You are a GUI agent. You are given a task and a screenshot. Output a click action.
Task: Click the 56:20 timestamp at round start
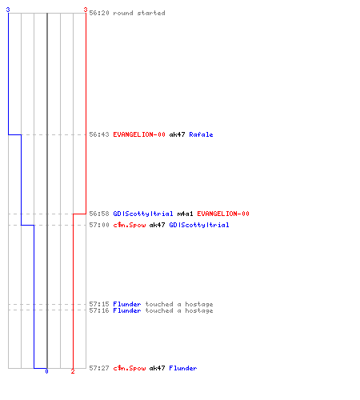pyautogui.click(x=99, y=13)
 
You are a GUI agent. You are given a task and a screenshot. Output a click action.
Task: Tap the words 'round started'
pyautogui.click(x=139, y=13)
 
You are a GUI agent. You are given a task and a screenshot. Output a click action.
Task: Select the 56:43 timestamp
pyautogui.click(x=99, y=134)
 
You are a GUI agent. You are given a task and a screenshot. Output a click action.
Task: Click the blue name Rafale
pyautogui.click(x=201, y=134)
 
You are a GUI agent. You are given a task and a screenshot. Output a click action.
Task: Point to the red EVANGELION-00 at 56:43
pyautogui.click(x=139, y=134)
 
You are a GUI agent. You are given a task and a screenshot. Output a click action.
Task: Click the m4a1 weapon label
pyautogui.click(x=185, y=214)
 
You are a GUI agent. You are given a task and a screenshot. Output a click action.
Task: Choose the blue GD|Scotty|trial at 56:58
pyautogui.click(x=143, y=214)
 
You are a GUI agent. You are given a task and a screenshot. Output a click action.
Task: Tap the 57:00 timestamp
pyautogui.click(x=99, y=225)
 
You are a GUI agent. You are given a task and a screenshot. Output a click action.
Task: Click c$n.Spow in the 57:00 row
pyautogui.click(x=129, y=225)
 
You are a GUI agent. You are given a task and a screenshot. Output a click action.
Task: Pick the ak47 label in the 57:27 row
pyautogui.click(x=157, y=368)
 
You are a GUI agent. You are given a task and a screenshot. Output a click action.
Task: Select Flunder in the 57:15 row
pyautogui.click(x=127, y=304)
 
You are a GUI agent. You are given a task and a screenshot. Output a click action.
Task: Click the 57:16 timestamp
pyautogui.click(x=99, y=310)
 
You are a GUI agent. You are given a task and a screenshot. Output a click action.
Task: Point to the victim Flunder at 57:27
pyautogui.click(x=183, y=368)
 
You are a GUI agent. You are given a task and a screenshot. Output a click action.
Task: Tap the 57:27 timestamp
pyautogui.click(x=99, y=368)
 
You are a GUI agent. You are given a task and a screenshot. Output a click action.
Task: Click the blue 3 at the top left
pyautogui.click(x=8, y=10)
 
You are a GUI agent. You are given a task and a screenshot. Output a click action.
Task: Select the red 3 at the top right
pyautogui.click(x=86, y=10)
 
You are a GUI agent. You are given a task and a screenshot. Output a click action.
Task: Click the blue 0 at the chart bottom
pyautogui.click(x=46, y=371)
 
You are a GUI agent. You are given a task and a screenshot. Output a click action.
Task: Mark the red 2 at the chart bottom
pyautogui.click(x=73, y=371)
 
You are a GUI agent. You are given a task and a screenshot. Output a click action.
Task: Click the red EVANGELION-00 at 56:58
pyautogui.click(x=223, y=214)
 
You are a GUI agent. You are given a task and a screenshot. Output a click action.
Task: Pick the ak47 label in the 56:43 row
pyautogui.click(x=177, y=134)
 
